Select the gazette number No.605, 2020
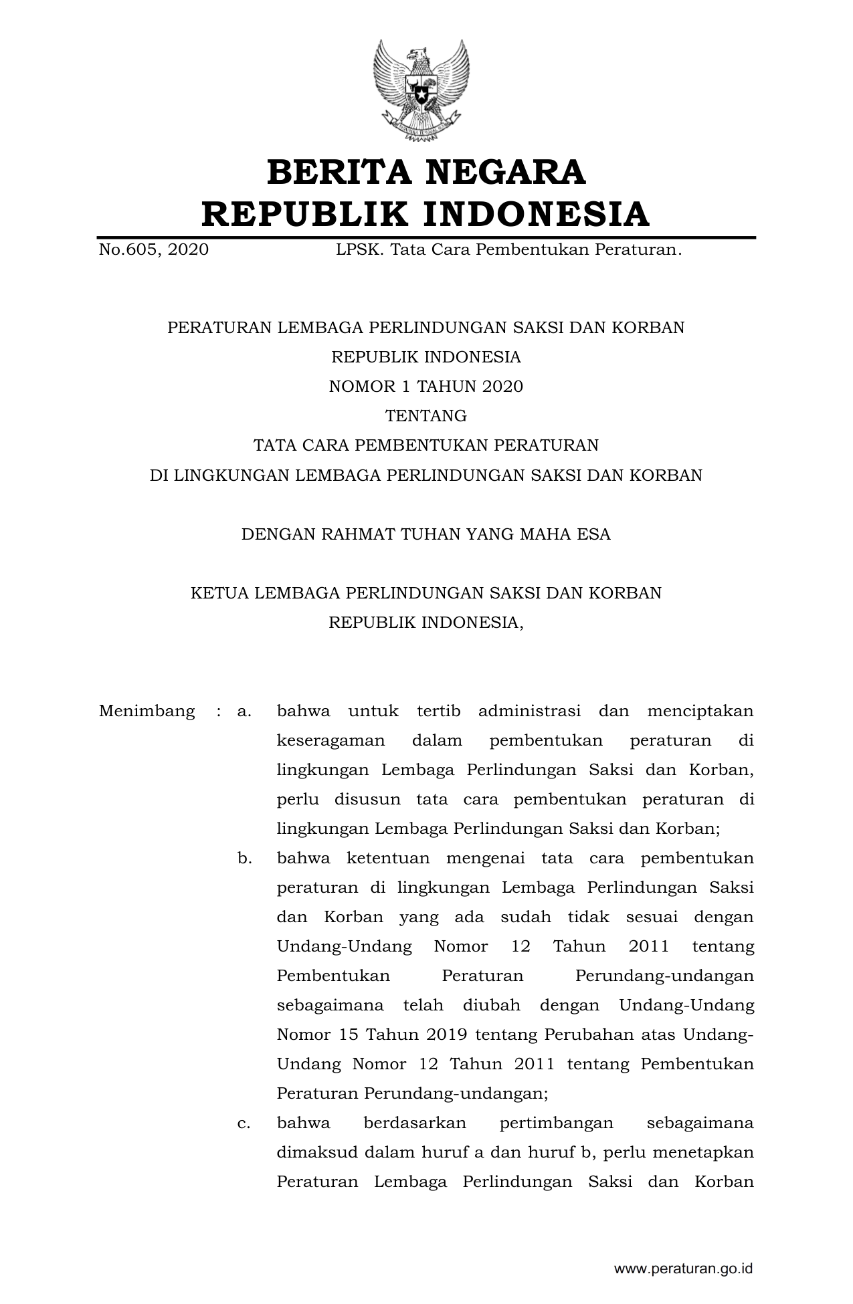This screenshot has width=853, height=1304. pyautogui.click(x=153, y=250)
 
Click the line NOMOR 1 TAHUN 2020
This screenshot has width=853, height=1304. pyautogui.click(x=425, y=387)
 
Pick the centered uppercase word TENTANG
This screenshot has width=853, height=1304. pyautogui.click(x=425, y=416)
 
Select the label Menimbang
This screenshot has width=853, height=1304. pyautogui.click(x=147, y=711)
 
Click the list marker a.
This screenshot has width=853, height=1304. pyautogui.click(x=244, y=711)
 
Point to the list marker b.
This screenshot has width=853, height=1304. pyautogui.click(x=244, y=858)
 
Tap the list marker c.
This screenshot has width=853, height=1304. pyautogui.click(x=244, y=1123)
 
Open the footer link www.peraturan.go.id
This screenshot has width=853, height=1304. pyautogui.click(x=683, y=1269)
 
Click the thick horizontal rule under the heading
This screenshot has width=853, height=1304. pyautogui.click(x=425, y=237)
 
